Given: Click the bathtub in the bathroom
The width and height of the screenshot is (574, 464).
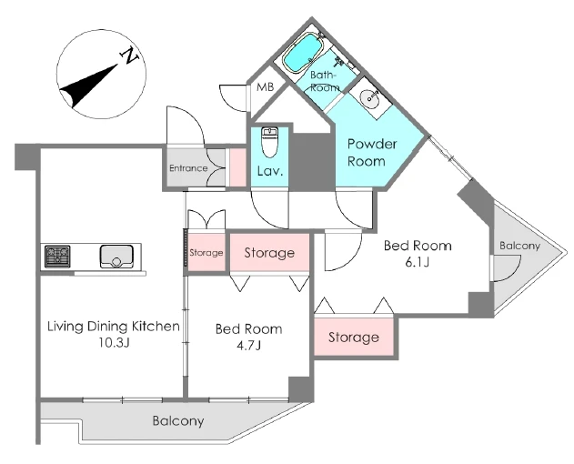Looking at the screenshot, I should (304, 54).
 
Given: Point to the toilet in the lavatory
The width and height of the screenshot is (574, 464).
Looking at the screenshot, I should (269, 143).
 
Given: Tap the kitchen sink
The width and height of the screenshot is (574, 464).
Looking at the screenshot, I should (116, 256).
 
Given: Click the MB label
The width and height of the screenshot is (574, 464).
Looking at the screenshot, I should (265, 87).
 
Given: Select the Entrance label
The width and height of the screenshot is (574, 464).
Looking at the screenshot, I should (188, 168).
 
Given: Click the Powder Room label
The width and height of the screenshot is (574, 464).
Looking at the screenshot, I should (371, 153).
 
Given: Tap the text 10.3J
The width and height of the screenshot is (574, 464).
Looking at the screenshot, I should (113, 344).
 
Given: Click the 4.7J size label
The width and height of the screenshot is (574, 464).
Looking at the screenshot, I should (247, 346).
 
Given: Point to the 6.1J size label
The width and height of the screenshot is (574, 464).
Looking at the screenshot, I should (418, 263).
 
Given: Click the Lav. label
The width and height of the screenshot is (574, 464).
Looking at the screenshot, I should (269, 170).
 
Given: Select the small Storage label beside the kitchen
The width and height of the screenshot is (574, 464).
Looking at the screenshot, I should (206, 253).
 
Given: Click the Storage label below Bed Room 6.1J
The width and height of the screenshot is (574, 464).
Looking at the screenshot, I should (354, 338).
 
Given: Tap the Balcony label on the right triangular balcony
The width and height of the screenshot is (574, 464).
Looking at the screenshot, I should (519, 247).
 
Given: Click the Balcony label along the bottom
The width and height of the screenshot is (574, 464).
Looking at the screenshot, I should (177, 422).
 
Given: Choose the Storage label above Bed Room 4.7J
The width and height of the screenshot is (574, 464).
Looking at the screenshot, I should (269, 253).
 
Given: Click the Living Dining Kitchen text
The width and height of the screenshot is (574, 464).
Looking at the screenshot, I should (113, 327).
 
